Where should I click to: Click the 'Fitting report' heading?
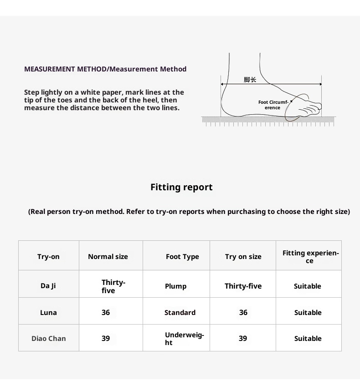[181, 187]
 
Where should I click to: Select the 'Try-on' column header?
[48, 257]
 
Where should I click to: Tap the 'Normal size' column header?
[108, 257]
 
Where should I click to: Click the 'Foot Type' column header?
[182, 257]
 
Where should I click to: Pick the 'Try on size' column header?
[243, 257]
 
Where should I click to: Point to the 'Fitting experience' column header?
[310, 257]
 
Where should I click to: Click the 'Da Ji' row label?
[48, 286]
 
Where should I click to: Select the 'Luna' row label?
[48, 313]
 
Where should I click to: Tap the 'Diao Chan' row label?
[48, 339]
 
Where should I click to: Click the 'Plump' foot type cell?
[175, 286]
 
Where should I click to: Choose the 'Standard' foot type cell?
[180, 313]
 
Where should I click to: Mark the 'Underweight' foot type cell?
[184, 339]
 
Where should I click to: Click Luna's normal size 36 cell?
[106, 313]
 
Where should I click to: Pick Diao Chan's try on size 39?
[243, 339]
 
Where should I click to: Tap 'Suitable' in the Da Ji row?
[308, 286]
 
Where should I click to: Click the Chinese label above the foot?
[250, 80]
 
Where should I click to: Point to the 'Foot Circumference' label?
[273, 105]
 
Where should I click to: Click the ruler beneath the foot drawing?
[268, 121]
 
